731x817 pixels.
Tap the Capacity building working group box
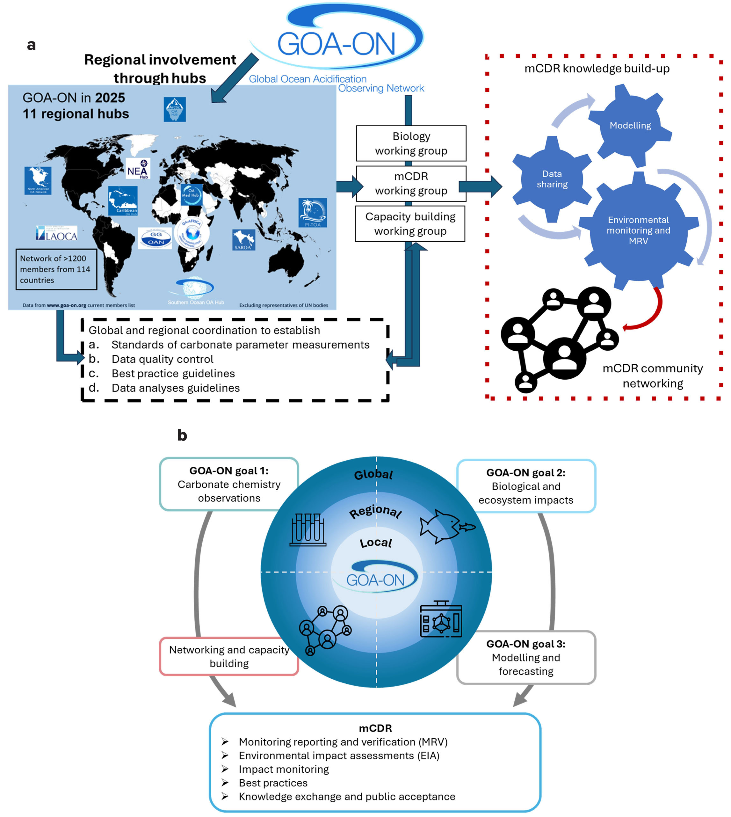point(410,224)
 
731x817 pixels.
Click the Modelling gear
point(630,125)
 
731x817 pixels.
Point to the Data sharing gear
point(552,179)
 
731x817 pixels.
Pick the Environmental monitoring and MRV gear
point(638,230)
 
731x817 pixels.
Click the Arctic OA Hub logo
point(175,109)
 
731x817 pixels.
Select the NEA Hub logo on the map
point(138,168)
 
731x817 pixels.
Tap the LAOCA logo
point(57,233)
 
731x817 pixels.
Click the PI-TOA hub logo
point(313,213)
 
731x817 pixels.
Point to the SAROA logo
point(243,240)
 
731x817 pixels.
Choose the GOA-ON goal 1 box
point(229,484)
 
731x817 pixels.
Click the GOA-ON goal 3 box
point(526,658)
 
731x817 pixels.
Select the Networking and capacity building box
point(229,656)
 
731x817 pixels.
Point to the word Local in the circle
point(376,543)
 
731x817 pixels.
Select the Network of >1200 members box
point(56,269)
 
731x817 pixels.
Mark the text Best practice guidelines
point(173,373)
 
